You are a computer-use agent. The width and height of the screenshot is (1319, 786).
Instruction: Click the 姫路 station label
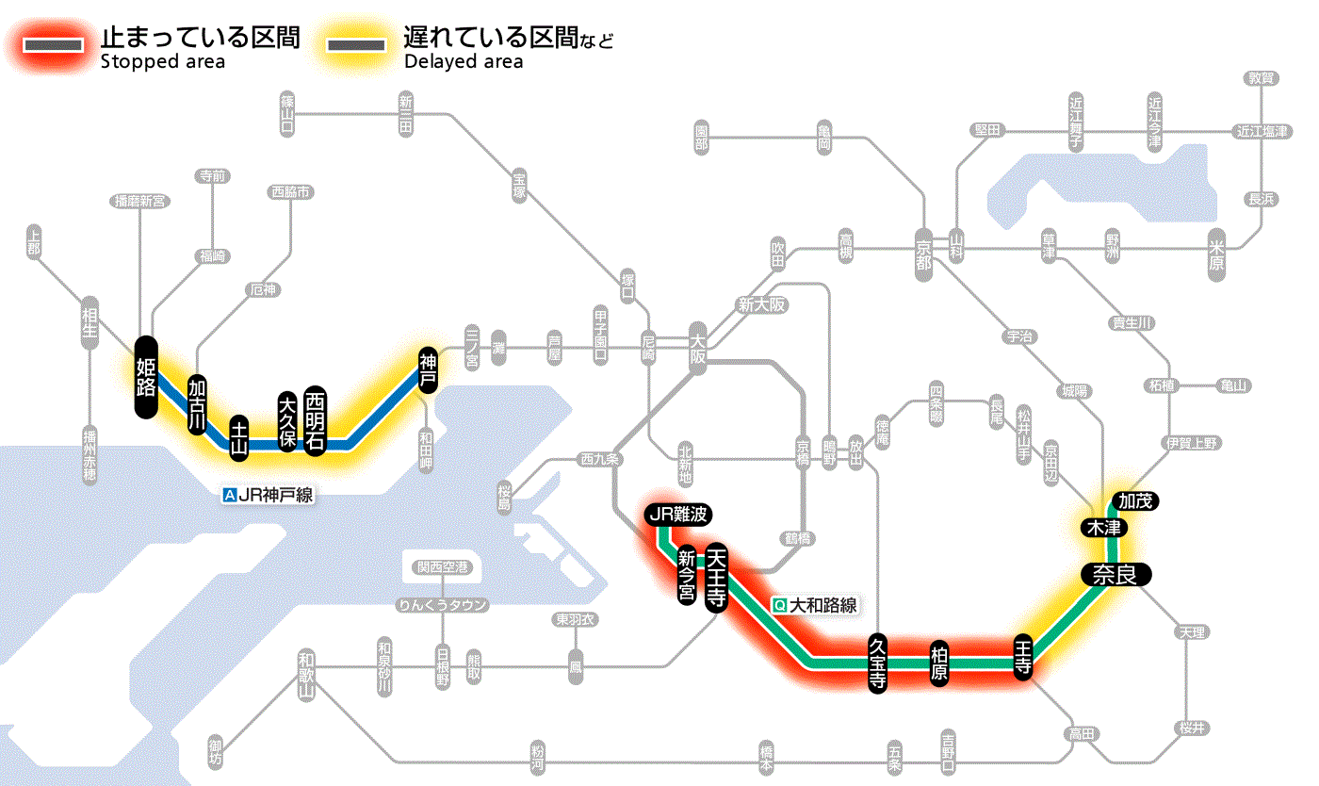pyautogui.click(x=145, y=377)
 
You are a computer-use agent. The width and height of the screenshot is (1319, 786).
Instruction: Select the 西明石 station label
pyautogui.click(x=315, y=420)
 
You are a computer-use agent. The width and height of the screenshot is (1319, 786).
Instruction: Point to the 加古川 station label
pyautogui.click(x=197, y=406)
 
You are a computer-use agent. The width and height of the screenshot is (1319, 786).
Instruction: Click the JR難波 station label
pyautogui.click(x=678, y=515)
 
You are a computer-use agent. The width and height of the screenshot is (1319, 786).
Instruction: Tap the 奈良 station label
pyautogui.click(x=1115, y=575)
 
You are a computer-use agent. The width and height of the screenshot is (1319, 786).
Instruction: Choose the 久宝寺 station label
pyautogui.click(x=876, y=663)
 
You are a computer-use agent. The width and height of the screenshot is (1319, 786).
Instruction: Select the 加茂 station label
pyautogui.click(x=1133, y=500)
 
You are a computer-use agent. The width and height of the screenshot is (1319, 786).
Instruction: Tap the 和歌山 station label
pyautogui.click(x=305, y=676)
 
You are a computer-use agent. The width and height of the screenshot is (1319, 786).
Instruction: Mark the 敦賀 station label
pyautogui.click(x=1262, y=79)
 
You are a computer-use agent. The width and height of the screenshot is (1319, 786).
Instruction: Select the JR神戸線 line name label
pyautogui.click(x=269, y=494)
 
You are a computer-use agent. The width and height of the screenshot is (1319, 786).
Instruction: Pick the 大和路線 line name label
pyautogui.click(x=815, y=605)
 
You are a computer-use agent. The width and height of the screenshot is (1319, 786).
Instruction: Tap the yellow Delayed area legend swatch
pyautogui.click(x=355, y=45)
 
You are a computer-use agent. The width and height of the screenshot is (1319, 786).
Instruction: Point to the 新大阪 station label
pyautogui.click(x=761, y=305)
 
